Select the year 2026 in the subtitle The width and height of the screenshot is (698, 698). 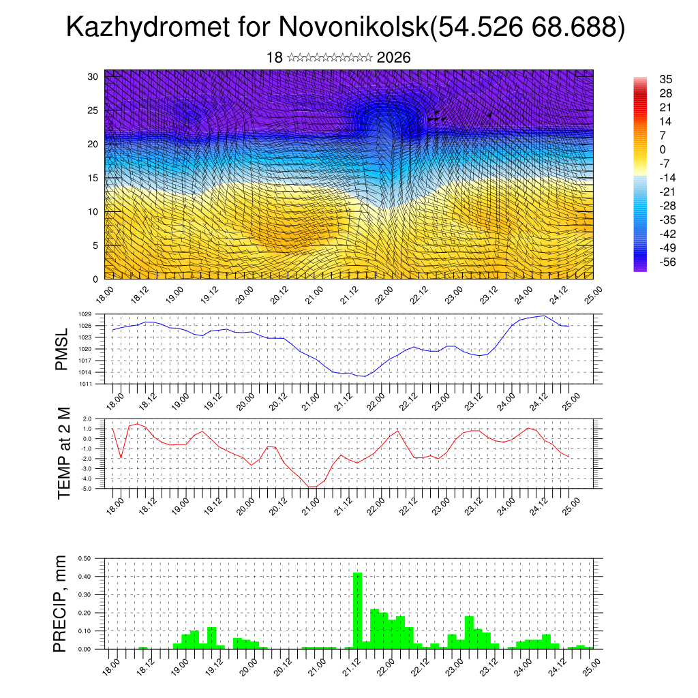[x=393, y=58]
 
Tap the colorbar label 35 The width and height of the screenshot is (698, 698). [x=666, y=80]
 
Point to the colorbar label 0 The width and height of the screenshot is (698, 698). [x=663, y=149]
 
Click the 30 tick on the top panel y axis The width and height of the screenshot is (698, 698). [x=93, y=76]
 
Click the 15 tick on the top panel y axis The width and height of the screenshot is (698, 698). [x=93, y=178]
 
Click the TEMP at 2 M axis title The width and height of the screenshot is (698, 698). [x=64, y=453]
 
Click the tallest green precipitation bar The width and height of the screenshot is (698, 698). [x=357, y=610]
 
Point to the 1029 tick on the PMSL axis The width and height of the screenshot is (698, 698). [x=85, y=314]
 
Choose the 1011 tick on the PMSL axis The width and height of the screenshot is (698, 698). [x=85, y=384]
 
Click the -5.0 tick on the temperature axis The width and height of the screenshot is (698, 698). [x=87, y=489]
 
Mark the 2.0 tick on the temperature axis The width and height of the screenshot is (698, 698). [x=88, y=419]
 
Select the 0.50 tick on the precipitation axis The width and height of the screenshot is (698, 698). [x=85, y=558]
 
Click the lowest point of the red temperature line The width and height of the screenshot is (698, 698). [x=312, y=487]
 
